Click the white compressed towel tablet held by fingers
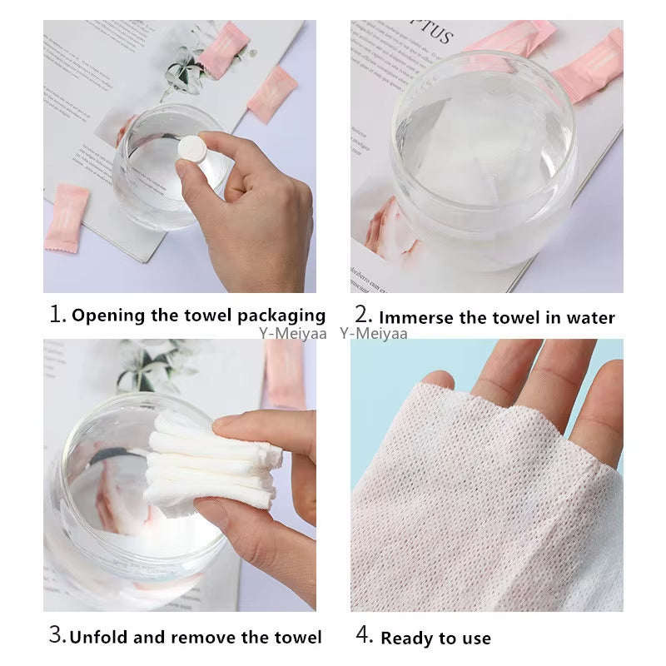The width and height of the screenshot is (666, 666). [191, 151]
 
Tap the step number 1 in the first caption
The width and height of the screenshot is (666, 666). [57, 315]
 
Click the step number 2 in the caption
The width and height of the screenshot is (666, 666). [362, 316]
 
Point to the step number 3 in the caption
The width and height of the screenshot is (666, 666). [57, 636]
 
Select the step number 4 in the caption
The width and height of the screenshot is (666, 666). [364, 636]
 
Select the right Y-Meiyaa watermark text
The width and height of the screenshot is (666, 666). [374, 334]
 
